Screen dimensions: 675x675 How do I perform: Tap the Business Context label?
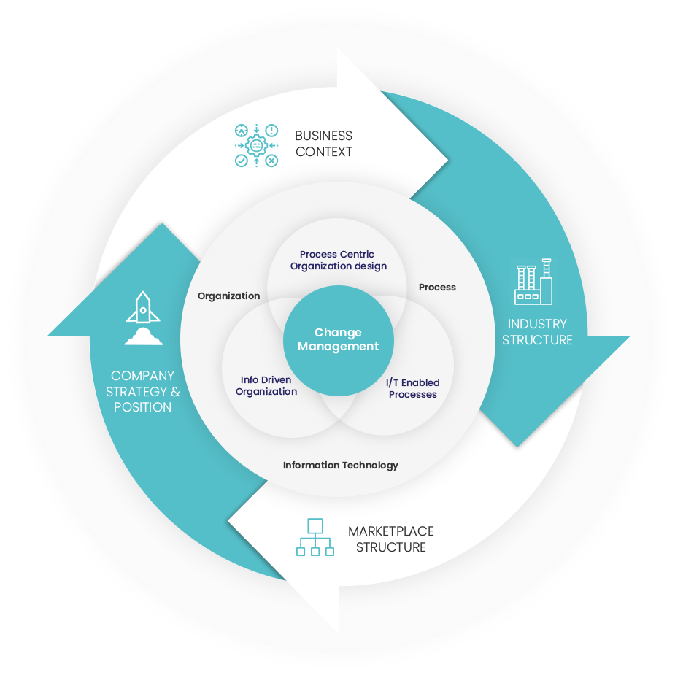(x=323, y=144)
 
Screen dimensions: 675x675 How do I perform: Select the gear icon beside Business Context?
(x=256, y=145)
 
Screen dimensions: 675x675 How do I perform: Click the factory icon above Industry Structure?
(x=533, y=285)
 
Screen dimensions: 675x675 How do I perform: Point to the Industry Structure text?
(x=537, y=332)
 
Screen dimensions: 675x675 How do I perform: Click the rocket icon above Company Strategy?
(x=143, y=307)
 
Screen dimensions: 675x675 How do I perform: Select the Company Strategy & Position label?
(x=143, y=391)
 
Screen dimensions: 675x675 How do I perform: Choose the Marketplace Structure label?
(x=390, y=539)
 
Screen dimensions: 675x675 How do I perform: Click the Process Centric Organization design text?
(x=338, y=261)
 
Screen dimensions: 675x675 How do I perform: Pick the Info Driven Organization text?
(x=266, y=385)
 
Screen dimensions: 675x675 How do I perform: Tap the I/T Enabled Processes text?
(x=413, y=388)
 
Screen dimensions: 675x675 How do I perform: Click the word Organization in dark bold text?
(x=228, y=296)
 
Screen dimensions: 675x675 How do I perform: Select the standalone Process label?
(x=437, y=288)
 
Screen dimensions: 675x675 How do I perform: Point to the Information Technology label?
(x=340, y=465)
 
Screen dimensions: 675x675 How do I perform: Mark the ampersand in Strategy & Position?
(x=174, y=391)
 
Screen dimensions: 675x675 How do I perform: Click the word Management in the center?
(x=338, y=347)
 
